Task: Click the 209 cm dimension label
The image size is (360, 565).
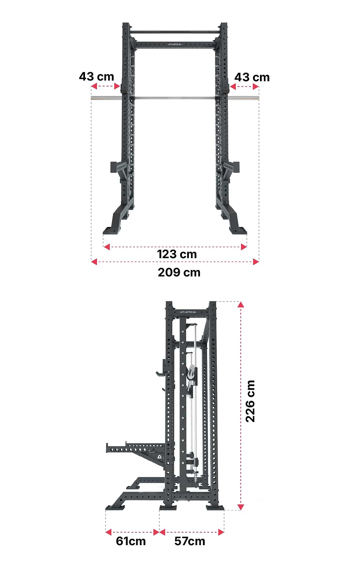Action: [x=179, y=273]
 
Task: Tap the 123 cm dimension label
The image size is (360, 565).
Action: [x=177, y=254]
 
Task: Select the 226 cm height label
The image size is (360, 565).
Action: [x=250, y=401]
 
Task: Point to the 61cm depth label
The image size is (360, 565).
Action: [x=131, y=541]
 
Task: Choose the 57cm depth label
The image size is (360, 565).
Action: [x=190, y=541]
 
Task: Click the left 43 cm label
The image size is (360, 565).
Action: [x=97, y=76]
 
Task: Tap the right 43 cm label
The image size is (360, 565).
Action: [x=252, y=77]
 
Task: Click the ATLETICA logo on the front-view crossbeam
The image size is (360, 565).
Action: [x=175, y=44]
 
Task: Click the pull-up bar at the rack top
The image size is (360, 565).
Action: [x=175, y=32]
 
